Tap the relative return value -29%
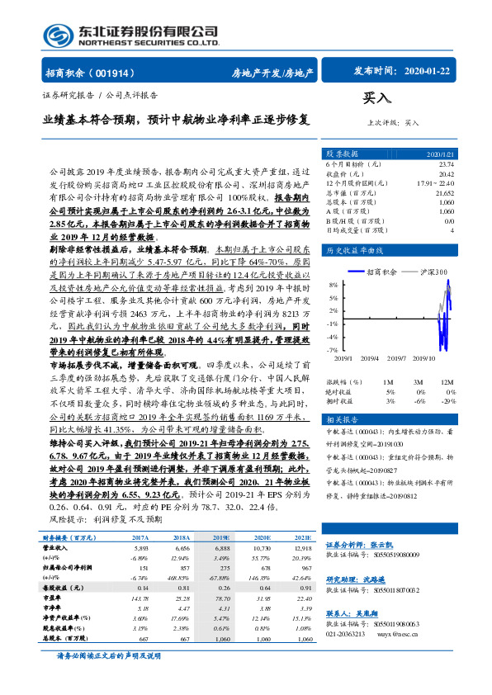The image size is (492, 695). [x=450, y=400]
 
